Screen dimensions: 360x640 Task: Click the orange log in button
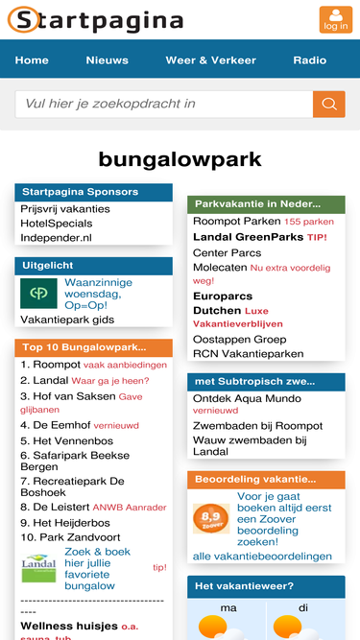[335, 19]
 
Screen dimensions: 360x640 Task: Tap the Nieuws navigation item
[107, 60]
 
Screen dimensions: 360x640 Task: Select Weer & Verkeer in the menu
[210, 60]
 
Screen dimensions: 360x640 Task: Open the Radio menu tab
[310, 60]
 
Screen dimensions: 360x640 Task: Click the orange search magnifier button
[329, 104]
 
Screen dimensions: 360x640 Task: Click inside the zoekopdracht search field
[164, 104]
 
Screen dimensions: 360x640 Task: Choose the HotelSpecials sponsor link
[57, 224]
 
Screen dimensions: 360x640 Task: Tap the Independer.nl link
[56, 238]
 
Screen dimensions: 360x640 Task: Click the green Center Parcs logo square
[38, 294]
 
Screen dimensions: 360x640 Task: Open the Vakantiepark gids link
[67, 320]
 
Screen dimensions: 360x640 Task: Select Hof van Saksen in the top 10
[68, 396]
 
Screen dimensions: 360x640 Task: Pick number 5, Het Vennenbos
[66, 440]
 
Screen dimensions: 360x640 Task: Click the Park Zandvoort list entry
[70, 537]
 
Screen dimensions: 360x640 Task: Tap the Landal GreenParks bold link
[249, 237]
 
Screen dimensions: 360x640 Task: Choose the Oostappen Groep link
[240, 340]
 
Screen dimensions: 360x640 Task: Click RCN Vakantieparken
[249, 354]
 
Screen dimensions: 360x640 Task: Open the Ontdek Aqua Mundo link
[247, 398]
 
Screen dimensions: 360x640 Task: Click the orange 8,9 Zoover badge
[211, 518]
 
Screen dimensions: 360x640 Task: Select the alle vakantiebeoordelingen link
[262, 557]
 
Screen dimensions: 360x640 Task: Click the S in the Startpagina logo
[25, 19]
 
